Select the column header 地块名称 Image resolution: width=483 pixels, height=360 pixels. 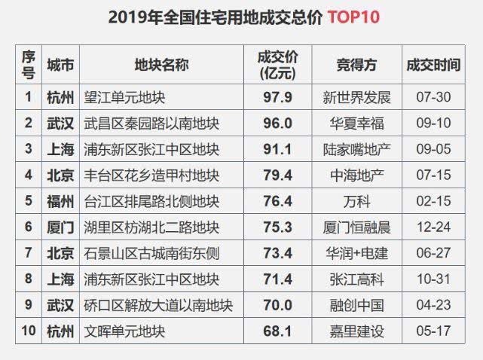(161, 65)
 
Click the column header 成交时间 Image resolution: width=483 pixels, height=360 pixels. (432, 65)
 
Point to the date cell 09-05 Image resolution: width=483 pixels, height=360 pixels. (432, 149)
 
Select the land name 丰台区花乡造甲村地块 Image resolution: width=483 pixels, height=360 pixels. (152, 175)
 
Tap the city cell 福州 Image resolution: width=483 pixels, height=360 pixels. (60, 201)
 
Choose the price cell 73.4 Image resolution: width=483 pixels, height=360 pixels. (277, 253)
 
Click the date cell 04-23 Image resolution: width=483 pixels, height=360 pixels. (432, 305)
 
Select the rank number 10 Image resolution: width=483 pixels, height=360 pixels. (28, 331)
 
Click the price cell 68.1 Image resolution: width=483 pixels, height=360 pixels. (277, 331)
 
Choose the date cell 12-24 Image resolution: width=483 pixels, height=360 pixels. (432, 227)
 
